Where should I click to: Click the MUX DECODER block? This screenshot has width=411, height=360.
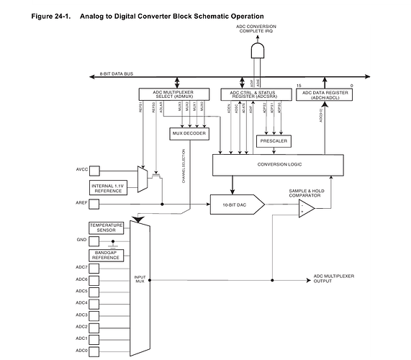(x=189, y=133)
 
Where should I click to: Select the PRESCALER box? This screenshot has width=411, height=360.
(x=272, y=141)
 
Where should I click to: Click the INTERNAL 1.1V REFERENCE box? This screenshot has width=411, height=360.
(x=109, y=188)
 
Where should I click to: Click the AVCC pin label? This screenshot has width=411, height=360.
(x=81, y=171)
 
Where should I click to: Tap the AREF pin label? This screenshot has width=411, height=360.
(x=81, y=204)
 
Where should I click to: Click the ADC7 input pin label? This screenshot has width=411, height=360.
(x=81, y=268)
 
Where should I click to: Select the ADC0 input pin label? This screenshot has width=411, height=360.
(x=81, y=351)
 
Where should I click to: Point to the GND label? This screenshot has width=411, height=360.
(x=81, y=240)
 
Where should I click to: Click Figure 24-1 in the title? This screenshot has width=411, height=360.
(x=53, y=15)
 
